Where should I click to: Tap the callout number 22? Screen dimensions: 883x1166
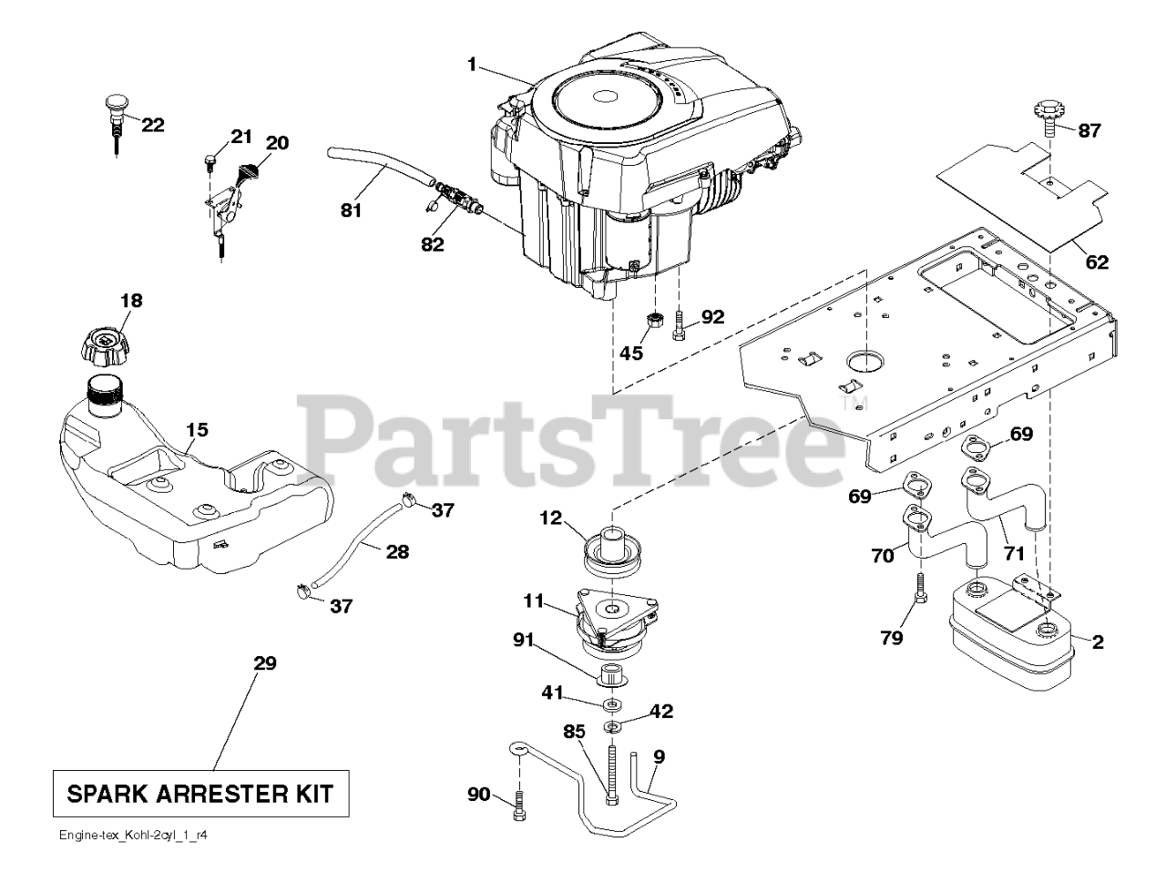pyautogui.click(x=153, y=126)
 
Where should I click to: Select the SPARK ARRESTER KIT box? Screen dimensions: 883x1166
pyautogui.click(x=200, y=793)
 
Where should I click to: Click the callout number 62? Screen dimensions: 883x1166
pyautogui.click(x=1097, y=262)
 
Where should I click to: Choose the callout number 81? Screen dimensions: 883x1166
pyautogui.click(x=351, y=210)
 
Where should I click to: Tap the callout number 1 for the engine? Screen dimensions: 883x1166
pyautogui.click(x=471, y=64)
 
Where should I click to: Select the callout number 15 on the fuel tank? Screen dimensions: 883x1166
pyautogui.click(x=197, y=428)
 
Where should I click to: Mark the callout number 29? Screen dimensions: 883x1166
pyautogui.click(x=264, y=664)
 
